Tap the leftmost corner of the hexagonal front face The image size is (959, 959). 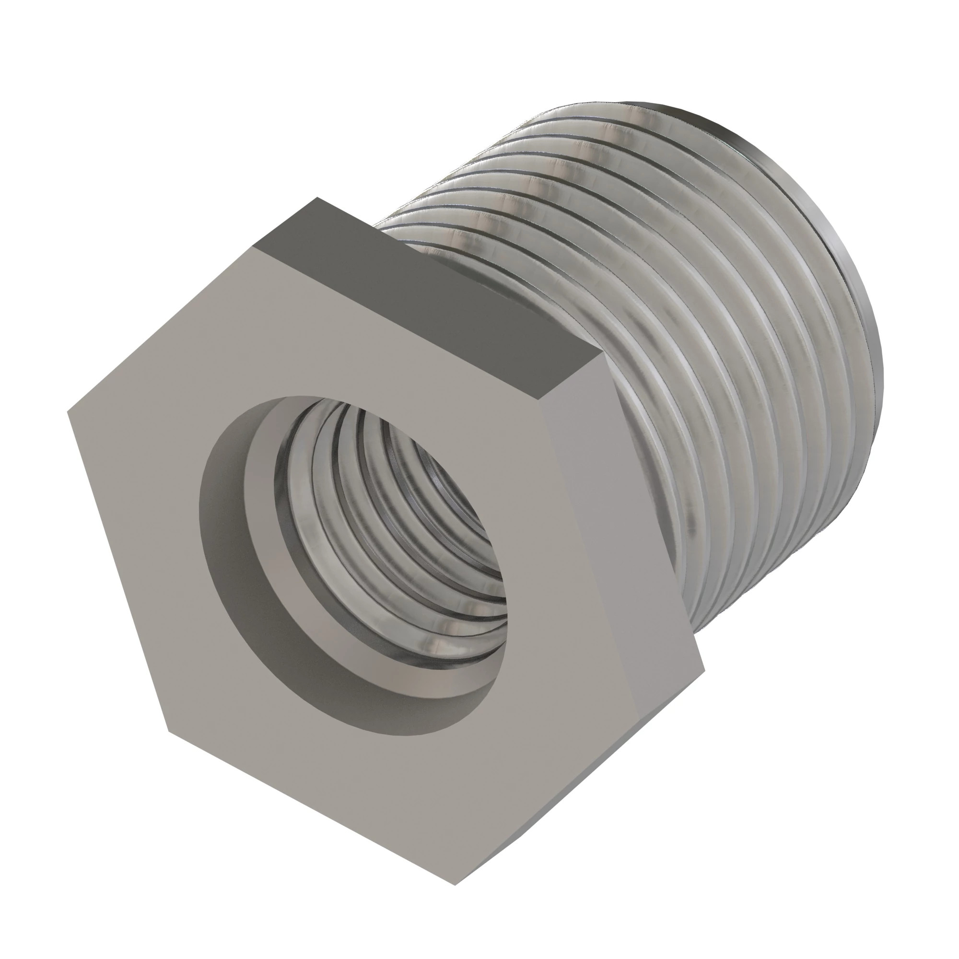pyautogui.click(x=68, y=411)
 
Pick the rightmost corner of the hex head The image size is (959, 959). pyautogui.click(x=704, y=673)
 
